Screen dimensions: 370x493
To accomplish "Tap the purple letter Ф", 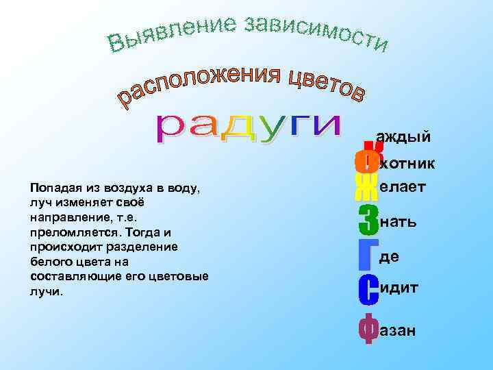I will (x=368, y=330).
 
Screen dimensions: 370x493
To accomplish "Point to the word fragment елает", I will (x=403, y=186).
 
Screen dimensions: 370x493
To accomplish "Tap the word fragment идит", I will (x=399, y=288).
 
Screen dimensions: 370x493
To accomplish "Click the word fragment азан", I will (x=398, y=331).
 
